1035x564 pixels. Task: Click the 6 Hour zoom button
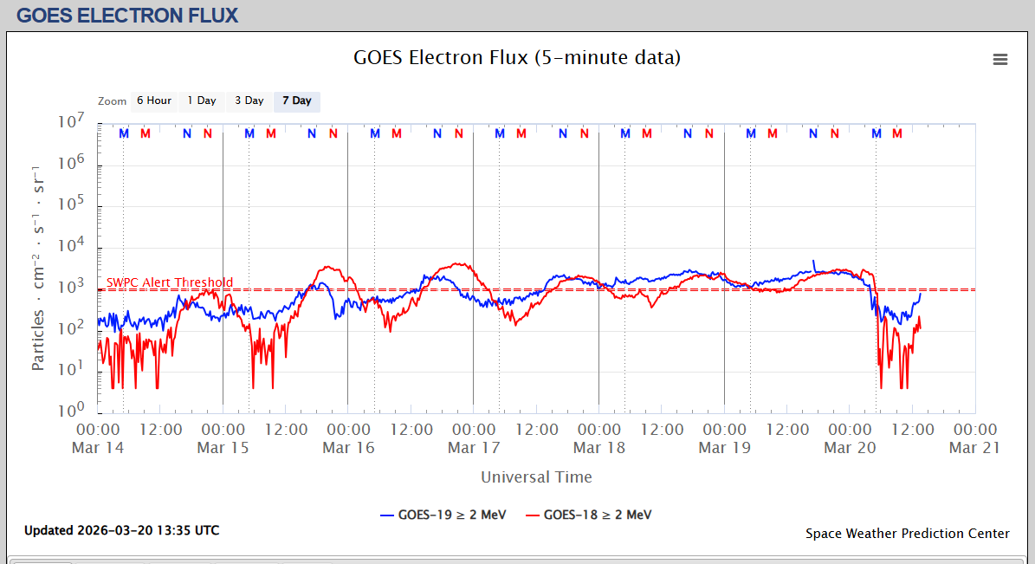pyautogui.click(x=154, y=100)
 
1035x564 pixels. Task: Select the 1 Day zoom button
pyautogui.click(x=202, y=100)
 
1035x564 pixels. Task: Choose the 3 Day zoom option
pyautogui.click(x=249, y=100)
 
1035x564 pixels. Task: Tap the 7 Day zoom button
pyautogui.click(x=297, y=100)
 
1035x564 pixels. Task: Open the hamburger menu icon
pyautogui.click(x=1000, y=59)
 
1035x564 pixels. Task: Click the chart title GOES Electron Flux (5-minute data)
pyautogui.click(x=517, y=58)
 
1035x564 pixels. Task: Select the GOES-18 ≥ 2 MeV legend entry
pyautogui.click(x=588, y=515)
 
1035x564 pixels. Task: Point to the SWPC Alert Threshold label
pyautogui.click(x=170, y=282)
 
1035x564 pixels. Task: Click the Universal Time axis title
pyautogui.click(x=536, y=476)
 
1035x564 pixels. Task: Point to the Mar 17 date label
pyautogui.click(x=474, y=447)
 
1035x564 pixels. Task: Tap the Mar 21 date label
pyautogui.click(x=975, y=447)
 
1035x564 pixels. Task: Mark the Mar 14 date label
pyautogui.click(x=98, y=447)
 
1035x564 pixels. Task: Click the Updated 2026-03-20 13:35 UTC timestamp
pyautogui.click(x=121, y=530)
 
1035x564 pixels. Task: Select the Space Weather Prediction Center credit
pyautogui.click(x=907, y=534)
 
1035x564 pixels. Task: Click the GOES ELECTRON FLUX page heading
pyautogui.click(x=127, y=16)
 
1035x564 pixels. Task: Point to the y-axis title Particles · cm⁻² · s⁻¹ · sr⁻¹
pyautogui.click(x=38, y=267)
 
